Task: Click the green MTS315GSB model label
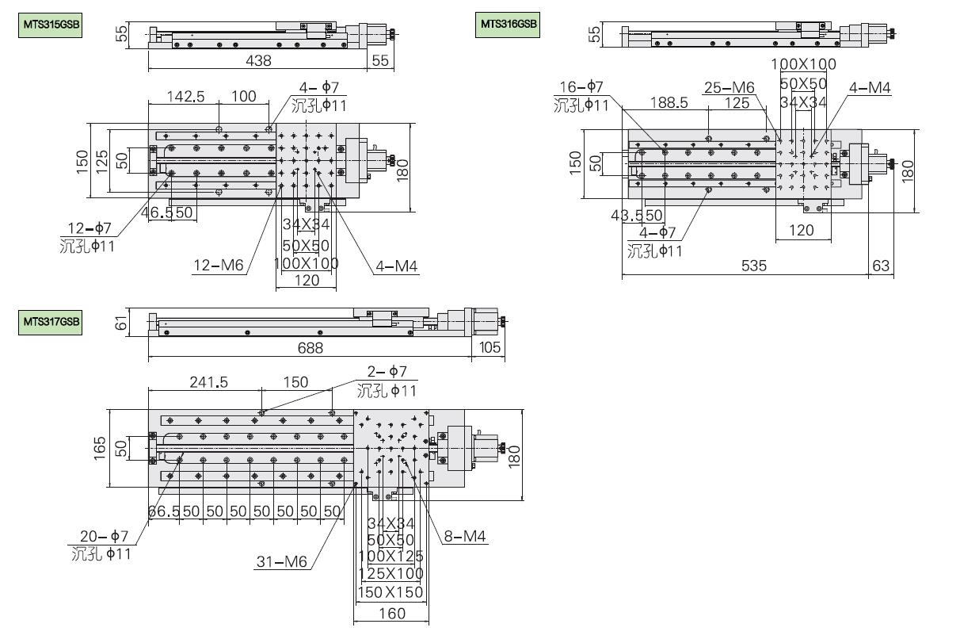click(x=50, y=25)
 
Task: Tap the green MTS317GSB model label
click(x=50, y=322)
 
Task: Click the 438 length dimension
click(x=258, y=60)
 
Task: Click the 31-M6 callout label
click(x=281, y=563)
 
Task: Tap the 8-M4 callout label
click(x=466, y=538)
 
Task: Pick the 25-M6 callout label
click(x=729, y=87)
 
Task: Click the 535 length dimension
click(x=753, y=266)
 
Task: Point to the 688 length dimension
click(x=309, y=348)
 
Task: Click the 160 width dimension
click(x=392, y=613)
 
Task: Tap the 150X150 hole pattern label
click(x=390, y=592)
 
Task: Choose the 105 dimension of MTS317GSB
click(x=489, y=348)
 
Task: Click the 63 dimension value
click(x=881, y=266)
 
